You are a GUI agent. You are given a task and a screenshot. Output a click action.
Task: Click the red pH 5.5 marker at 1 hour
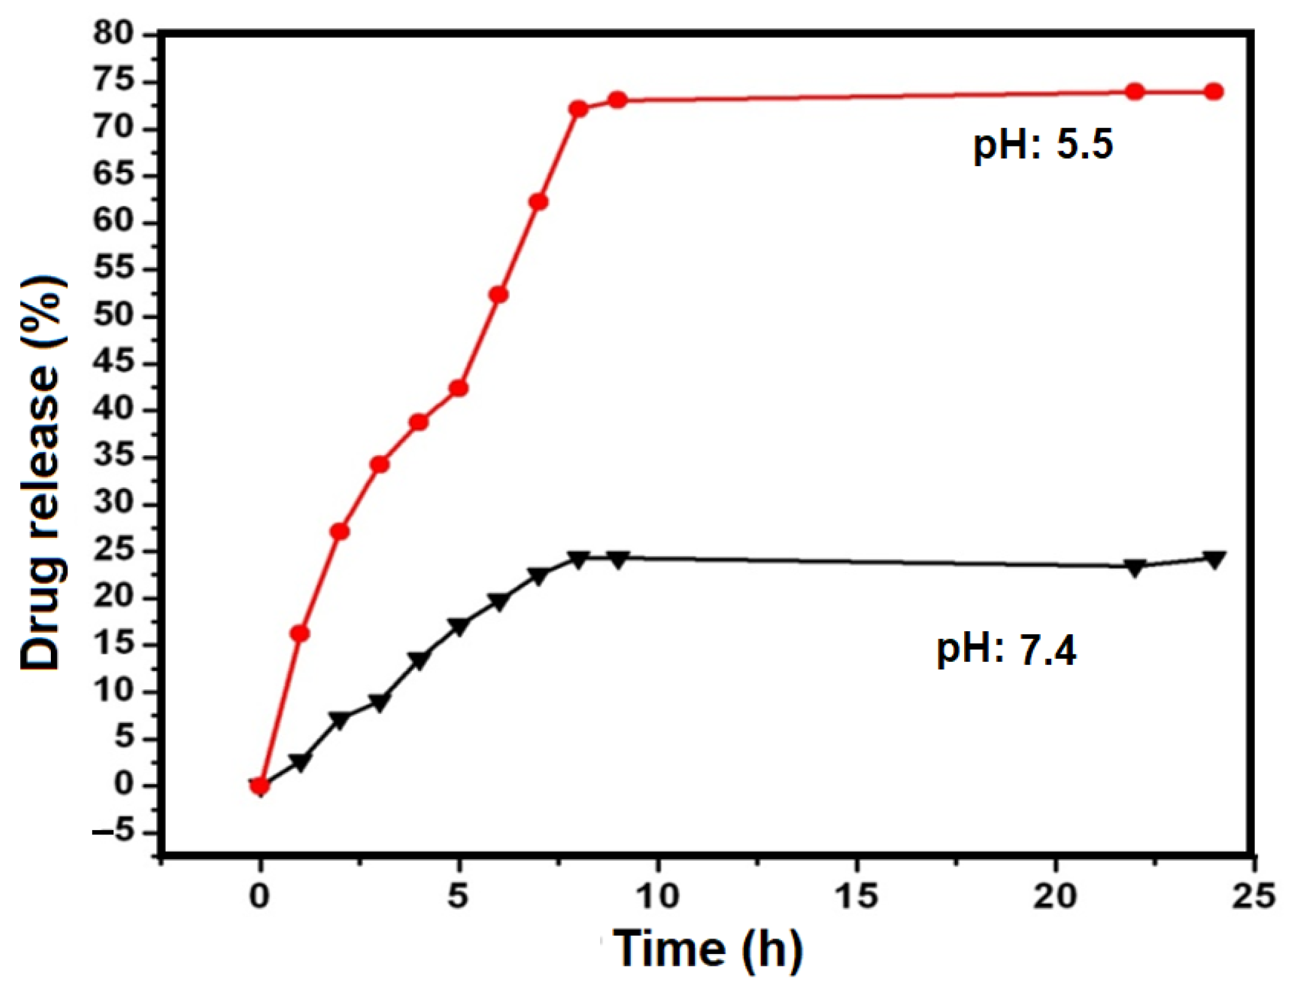click(x=299, y=633)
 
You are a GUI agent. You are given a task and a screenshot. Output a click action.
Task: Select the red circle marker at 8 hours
click(x=578, y=109)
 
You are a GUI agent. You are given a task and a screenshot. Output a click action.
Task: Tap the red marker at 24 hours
click(x=1214, y=92)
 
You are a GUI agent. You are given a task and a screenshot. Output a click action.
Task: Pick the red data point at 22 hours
click(x=1135, y=92)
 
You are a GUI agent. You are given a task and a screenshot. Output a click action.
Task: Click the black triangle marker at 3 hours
click(x=379, y=702)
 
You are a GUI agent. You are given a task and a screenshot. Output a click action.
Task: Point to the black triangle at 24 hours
click(x=1214, y=559)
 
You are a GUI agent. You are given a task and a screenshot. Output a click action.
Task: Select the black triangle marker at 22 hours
click(x=1135, y=567)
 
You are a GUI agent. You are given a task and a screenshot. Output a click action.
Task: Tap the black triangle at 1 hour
click(x=300, y=761)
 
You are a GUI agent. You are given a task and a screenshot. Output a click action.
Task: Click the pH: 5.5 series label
click(x=1043, y=145)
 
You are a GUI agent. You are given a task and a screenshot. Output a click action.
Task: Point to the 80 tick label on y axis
click(x=113, y=34)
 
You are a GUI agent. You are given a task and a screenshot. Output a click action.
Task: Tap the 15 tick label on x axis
click(x=856, y=896)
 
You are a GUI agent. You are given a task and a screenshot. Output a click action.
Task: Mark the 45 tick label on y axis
click(x=113, y=363)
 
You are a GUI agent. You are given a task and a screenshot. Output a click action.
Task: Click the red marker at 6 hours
click(x=498, y=295)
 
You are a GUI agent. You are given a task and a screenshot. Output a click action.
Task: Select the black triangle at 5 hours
click(x=458, y=626)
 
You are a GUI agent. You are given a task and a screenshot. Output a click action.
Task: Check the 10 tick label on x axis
click(x=658, y=896)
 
